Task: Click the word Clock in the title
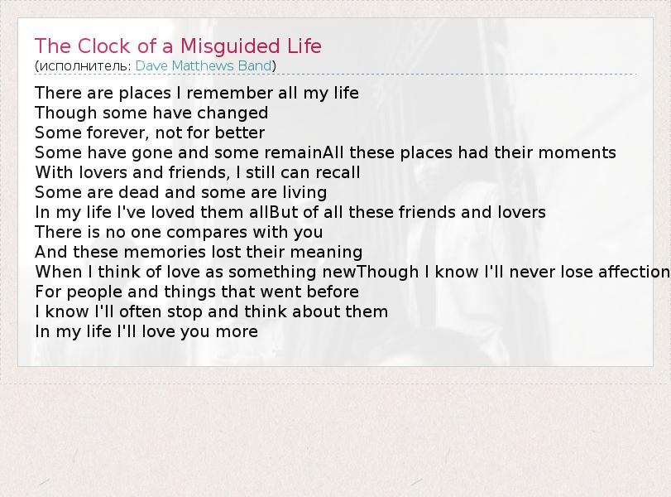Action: [x=103, y=46]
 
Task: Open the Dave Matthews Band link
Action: [x=204, y=65]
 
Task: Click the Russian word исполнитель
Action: [x=83, y=66]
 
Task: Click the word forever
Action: [x=118, y=133]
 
